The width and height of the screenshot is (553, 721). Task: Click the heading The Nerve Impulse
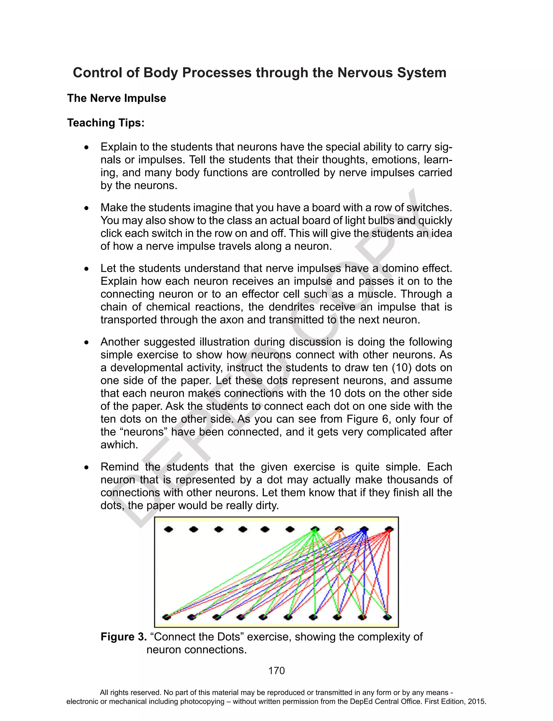117,98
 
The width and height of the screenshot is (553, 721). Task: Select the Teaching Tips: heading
106,123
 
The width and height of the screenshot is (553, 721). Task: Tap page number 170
276,671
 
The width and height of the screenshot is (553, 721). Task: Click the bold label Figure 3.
123,637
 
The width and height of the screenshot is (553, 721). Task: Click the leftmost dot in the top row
168,529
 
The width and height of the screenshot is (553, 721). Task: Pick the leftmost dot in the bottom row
167,617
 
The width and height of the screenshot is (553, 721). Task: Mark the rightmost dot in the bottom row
388,617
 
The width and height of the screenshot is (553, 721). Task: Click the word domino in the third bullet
399,268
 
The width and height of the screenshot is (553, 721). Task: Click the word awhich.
119,445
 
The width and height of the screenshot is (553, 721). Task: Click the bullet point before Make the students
86,208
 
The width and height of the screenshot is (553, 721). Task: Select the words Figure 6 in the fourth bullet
367,419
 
